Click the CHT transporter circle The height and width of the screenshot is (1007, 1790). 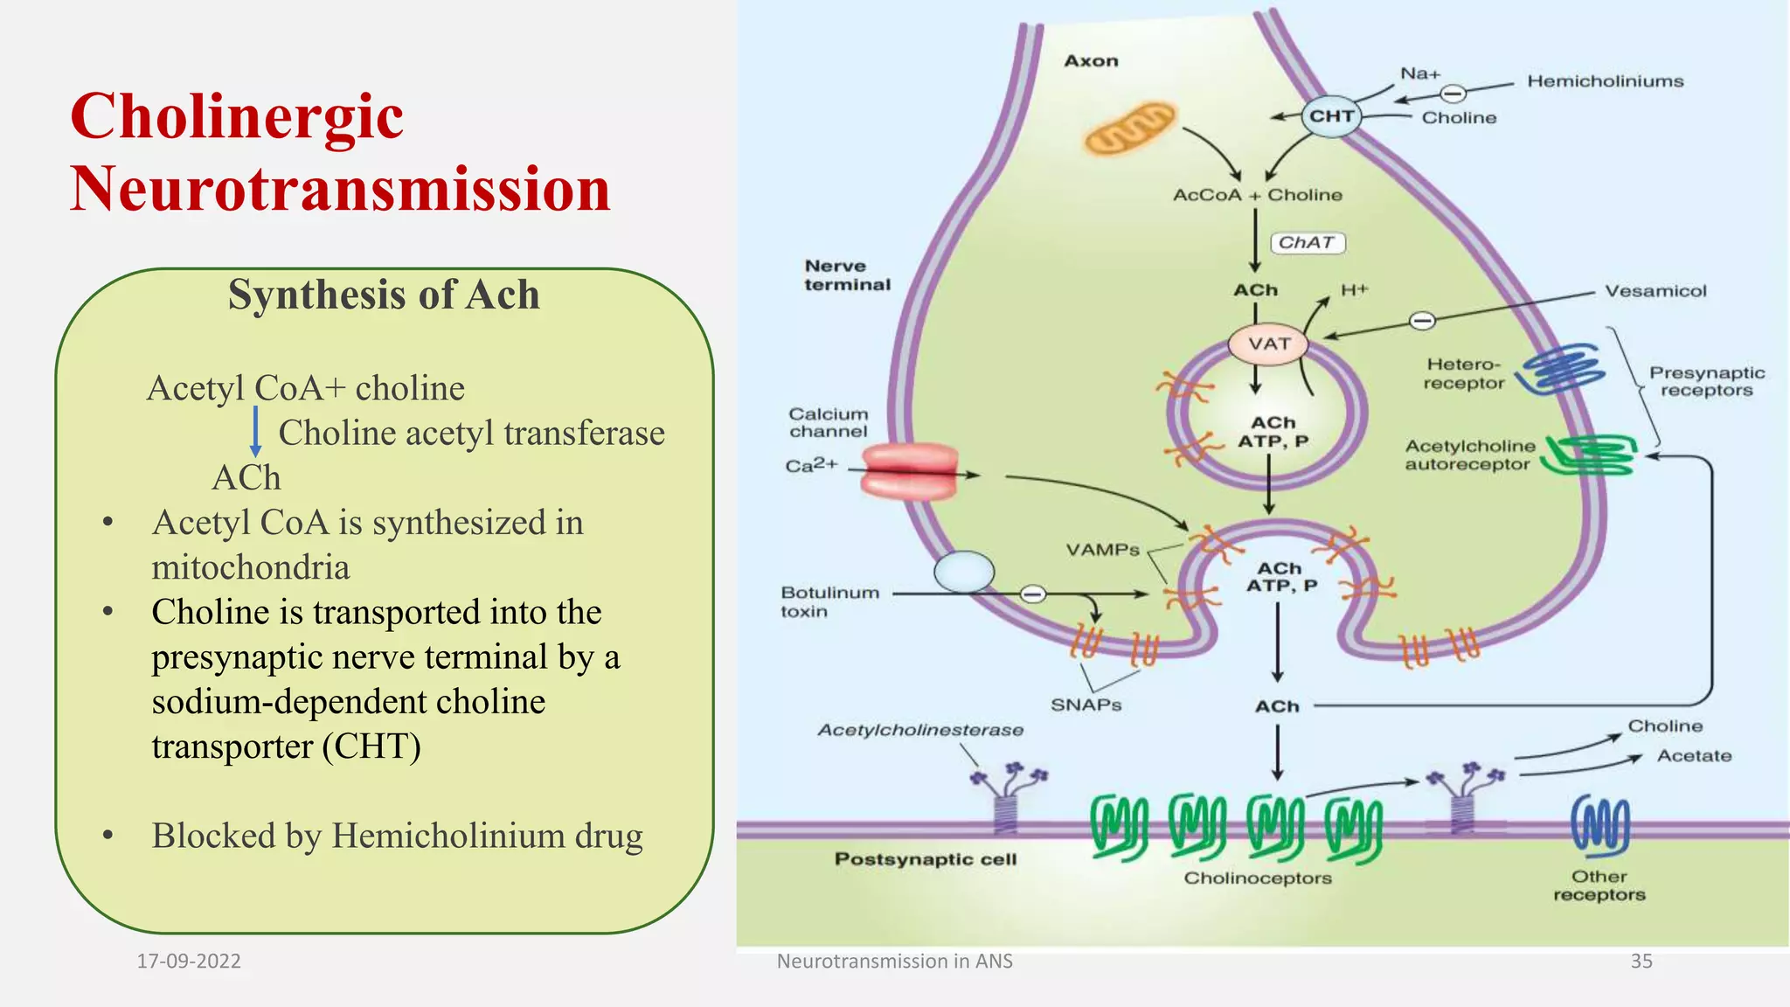pyautogui.click(x=1331, y=116)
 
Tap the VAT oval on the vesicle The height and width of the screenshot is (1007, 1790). pyautogui.click(x=1268, y=344)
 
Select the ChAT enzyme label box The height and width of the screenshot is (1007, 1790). pyautogui.click(x=1307, y=242)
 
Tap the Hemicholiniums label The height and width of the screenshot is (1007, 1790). pyautogui.click(x=1605, y=81)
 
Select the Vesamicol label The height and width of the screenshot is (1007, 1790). pyautogui.click(x=1655, y=291)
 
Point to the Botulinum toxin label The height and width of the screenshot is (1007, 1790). pyautogui.click(x=829, y=601)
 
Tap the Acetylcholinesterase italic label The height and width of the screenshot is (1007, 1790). pyautogui.click(x=919, y=730)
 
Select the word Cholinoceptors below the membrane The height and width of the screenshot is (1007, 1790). pyautogui.click(x=1257, y=878)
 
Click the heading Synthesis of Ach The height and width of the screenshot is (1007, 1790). pyautogui.click(x=384, y=295)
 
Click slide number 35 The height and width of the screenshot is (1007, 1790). pyautogui.click(x=1641, y=961)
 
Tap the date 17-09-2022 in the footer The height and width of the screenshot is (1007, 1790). pyautogui.click(x=189, y=961)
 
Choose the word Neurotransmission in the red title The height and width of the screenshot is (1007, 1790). pyautogui.click(x=340, y=189)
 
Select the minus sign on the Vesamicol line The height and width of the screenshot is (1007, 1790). pyautogui.click(x=1422, y=321)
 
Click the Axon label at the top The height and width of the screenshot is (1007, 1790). pyautogui.click(x=1091, y=61)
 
